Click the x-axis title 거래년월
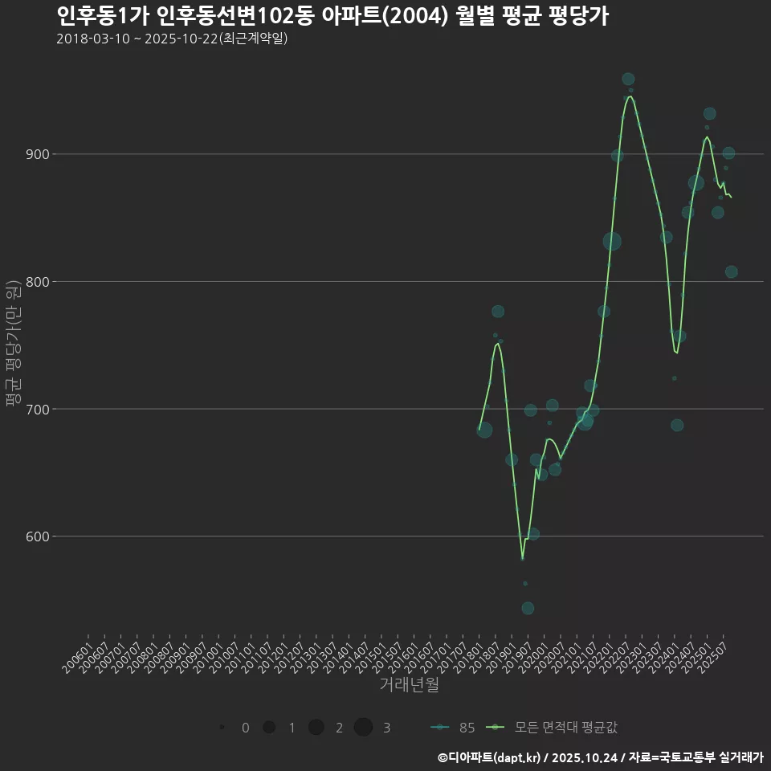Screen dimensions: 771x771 409,685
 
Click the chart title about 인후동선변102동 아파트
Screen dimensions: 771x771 332,15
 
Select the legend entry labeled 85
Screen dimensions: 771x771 454,728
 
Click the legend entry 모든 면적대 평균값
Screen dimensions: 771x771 553,728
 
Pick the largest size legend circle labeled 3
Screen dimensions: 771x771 363,728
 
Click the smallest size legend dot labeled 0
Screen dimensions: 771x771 222,728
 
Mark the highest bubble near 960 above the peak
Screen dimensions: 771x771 628,80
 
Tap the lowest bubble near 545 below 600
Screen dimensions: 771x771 528,608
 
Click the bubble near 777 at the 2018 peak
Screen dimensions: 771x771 498,312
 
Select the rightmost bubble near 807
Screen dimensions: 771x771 731,272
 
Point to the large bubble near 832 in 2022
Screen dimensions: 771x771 612,241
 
